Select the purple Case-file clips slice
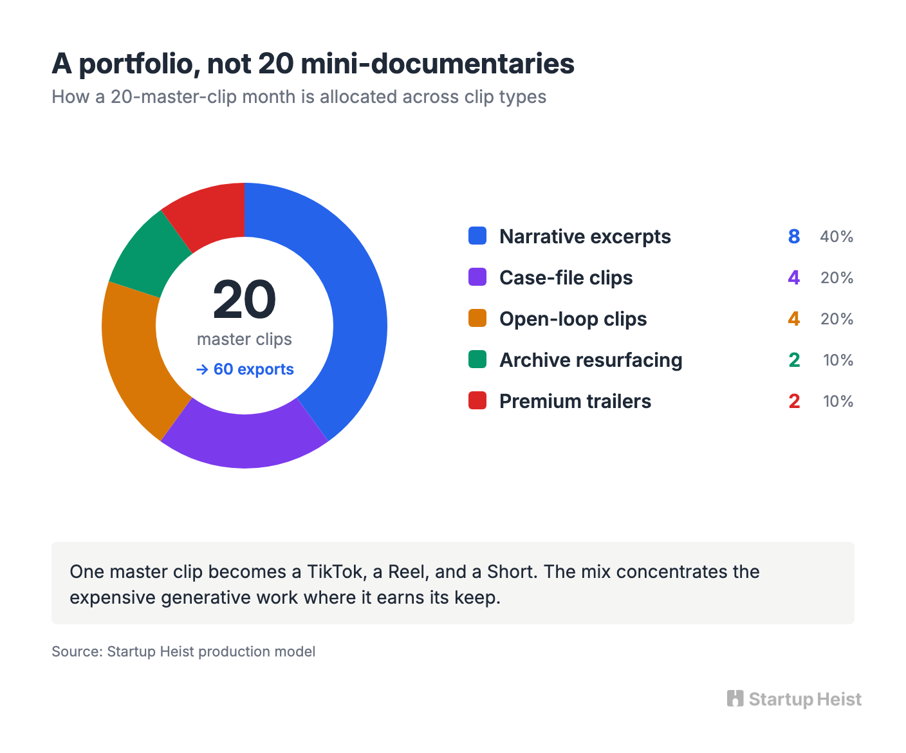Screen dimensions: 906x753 click(x=245, y=441)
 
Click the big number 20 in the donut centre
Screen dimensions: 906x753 click(x=245, y=299)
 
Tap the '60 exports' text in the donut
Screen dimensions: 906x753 click(x=254, y=369)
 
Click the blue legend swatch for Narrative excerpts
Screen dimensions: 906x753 click(x=477, y=236)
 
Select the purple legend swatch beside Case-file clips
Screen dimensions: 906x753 click(x=477, y=277)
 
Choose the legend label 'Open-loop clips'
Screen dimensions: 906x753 click(x=573, y=319)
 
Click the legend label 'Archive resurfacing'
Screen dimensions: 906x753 click(x=591, y=360)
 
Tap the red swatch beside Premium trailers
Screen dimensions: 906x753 click(x=477, y=400)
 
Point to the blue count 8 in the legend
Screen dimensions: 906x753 click(x=793, y=237)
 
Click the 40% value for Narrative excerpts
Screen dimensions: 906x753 click(x=837, y=237)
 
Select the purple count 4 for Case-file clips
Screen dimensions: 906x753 click(x=793, y=278)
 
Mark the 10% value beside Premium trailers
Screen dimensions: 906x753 click(x=838, y=402)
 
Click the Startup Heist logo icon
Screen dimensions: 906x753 click(x=735, y=698)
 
